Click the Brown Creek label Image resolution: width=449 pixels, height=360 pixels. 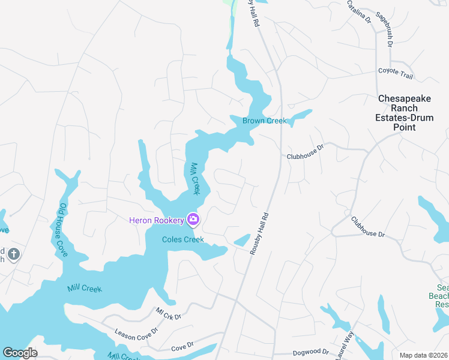pyautogui.click(x=265, y=121)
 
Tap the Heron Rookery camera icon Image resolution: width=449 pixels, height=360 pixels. pyautogui.click(x=193, y=220)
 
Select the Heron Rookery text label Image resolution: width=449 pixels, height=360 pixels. pyautogui.click(x=156, y=221)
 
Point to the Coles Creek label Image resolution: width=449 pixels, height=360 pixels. pyautogui.click(x=183, y=239)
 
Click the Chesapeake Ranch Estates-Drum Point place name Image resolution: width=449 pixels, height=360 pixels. pyautogui.click(x=405, y=113)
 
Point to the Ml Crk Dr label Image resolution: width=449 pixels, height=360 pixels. pyautogui.click(x=168, y=313)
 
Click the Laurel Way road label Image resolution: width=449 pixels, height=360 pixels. pyautogui.click(x=347, y=349)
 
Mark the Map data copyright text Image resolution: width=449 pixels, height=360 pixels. pyautogui.click(x=423, y=355)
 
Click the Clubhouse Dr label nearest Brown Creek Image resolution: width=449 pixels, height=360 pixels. pyautogui.click(x=305, y=151)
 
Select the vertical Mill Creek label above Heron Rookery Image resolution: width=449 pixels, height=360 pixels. pyautogui.click(x=194, y=178)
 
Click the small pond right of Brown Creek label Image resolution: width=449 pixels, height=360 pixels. pyautogui.click(x=301, y=116)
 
